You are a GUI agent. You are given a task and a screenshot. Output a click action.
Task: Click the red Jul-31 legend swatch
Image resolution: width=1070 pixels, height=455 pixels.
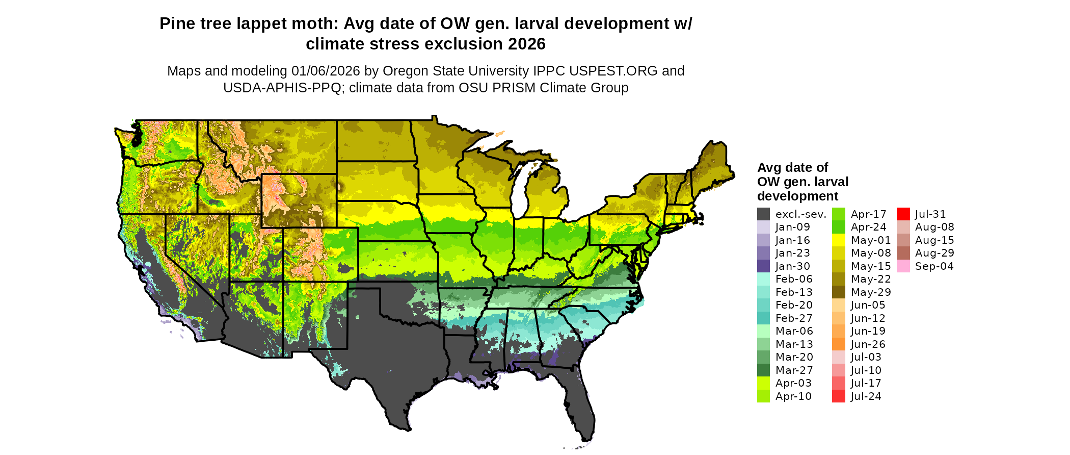(903, 214)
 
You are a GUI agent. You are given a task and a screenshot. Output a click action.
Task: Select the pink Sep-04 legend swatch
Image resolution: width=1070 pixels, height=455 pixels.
(903, 266)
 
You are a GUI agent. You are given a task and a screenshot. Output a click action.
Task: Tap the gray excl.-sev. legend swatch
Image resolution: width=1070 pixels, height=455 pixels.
(763, 214)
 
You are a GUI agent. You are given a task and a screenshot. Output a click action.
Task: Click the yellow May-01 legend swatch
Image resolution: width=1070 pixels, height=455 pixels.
(839, 240)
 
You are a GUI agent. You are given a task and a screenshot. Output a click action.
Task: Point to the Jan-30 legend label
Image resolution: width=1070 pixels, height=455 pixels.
(792, 266)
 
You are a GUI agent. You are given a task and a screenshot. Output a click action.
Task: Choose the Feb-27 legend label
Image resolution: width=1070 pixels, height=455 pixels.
(794, 318)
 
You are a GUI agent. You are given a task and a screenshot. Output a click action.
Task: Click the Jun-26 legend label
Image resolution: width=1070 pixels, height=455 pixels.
(868, 344)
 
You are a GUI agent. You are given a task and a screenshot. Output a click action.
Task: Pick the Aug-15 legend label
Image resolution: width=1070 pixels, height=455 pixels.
(934, 240)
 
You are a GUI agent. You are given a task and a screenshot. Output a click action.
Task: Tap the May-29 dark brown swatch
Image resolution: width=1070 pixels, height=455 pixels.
(839, 292)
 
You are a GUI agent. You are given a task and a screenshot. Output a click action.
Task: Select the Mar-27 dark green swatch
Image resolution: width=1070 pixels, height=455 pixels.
(763, 370)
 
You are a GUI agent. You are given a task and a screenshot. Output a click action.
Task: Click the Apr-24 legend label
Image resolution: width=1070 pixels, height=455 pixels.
(868, 227)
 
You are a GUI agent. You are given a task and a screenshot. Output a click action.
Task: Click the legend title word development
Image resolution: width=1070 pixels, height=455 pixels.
(797, 196)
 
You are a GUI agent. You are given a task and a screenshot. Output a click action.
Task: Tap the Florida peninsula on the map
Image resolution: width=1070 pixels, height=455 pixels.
(578, 403)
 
